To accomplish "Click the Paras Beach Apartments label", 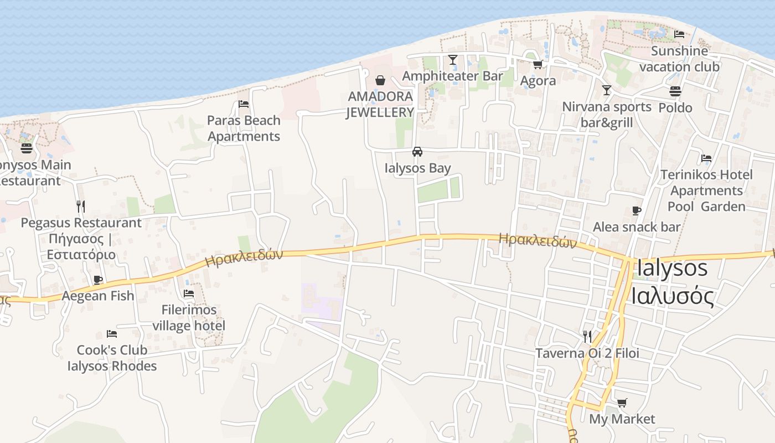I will coord(244,128).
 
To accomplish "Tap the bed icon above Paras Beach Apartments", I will coord(244,104).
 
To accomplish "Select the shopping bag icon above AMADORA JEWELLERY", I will coord(380,80).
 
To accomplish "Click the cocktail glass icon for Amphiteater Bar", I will coord(453,60).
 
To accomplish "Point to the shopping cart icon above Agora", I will coord(538,65).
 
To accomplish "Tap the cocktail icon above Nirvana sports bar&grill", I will coord(607,90).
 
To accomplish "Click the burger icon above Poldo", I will coord(675,91).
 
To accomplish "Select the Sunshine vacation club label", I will coord(679,59).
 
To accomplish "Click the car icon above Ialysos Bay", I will coord(417,152).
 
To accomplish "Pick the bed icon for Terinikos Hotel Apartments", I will coord(706,158).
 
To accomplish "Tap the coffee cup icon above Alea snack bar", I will coord(637,210).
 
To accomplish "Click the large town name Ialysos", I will coord(672,268).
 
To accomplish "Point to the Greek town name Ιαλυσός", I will coord(672,296).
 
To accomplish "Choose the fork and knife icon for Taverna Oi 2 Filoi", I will coord(587,336).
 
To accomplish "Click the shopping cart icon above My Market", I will coord(622,403).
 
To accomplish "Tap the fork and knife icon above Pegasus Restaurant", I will coord(81,207).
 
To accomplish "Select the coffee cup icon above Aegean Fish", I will coord(98,280).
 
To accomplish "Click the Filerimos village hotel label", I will coord(189,317).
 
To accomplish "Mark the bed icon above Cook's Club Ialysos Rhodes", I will coord(112,334).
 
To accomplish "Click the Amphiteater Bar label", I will coord(452,76).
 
